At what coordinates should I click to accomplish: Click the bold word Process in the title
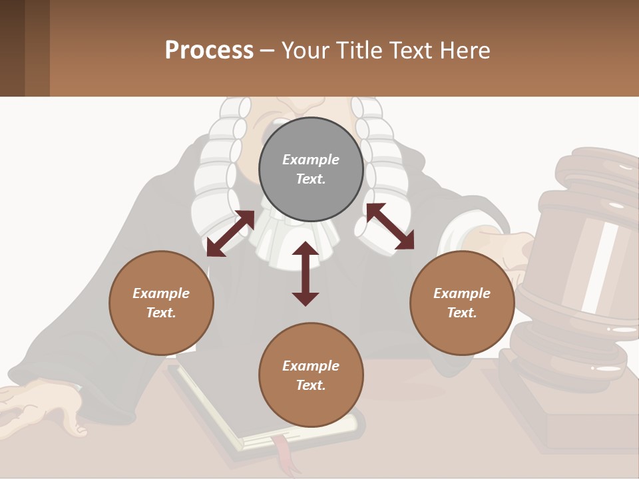point(209,51)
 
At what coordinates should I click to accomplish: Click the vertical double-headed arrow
point(306,273)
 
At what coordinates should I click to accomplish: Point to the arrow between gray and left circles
point(230,234)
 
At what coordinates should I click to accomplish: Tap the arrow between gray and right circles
point(390,226)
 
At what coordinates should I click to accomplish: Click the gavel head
point(586,259)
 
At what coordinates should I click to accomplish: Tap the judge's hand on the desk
point(40,406)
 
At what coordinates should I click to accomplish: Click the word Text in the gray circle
point(311,179)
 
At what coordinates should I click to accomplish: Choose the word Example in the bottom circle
point(311,366)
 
